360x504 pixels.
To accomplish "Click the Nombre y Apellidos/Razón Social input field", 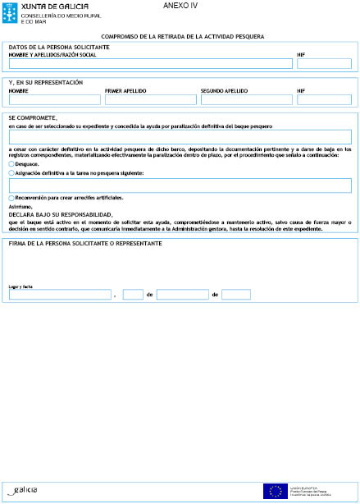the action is pyautogui.click(x=144, y=63).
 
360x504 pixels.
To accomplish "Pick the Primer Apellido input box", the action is pyautogui.click(x=149, y=100).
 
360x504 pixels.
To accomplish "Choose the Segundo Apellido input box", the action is pyautogui.click(x=245, y=100).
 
